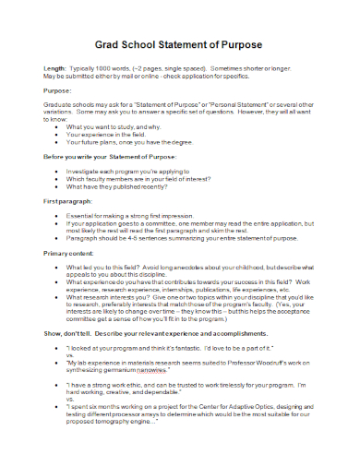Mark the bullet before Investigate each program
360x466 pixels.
pyautogui.click(x=59, y=173)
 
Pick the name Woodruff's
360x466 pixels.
pyautogui.click(x=272, y=362)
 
